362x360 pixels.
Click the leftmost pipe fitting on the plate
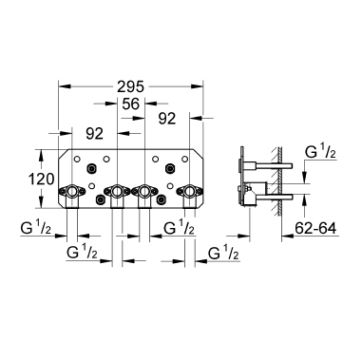pos(72,196)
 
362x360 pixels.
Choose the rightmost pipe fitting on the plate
pos(190,196)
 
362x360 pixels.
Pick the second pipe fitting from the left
pos(117,196)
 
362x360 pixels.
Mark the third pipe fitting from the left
pos(144,196)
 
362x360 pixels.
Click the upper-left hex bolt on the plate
pos(90,170)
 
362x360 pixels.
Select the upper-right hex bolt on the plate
pos(171,170)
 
